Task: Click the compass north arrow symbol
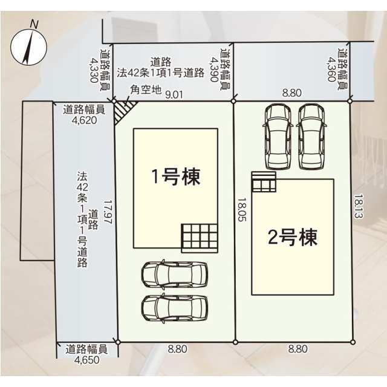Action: pos(28,47)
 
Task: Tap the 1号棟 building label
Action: pos(175,177)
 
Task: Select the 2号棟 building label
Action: pos(293,237)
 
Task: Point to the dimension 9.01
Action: pos(174,95)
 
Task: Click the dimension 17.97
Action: pos(108,212)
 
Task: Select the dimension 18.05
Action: pos(242,209)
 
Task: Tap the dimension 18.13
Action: pos(359,206)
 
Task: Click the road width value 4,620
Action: pos(84,120)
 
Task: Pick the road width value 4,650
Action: pos(87,360)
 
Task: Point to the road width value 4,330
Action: pos(94,70)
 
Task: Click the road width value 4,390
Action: pos(214,70)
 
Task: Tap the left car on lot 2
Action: pos(278,137)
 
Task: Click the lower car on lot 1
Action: pos(175,308)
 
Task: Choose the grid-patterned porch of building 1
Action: pos(200,238)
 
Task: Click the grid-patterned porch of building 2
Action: pos(264,181)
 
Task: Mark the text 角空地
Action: pos(146,90)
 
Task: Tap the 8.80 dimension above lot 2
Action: pos(292,93)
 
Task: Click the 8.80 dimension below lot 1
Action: pos(177,349)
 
